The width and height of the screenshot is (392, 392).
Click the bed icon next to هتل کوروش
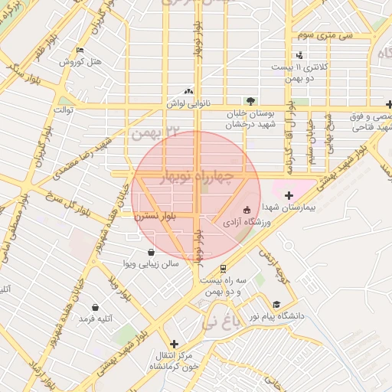(80, 51)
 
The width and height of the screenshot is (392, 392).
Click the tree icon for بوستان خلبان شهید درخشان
(250, 100)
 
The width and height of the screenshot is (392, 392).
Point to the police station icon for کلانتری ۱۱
(299, 54)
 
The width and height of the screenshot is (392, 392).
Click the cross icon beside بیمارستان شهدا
(289, 196)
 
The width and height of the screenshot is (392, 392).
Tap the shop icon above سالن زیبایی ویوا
(151, 252)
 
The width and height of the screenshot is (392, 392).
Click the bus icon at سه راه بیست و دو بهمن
(222, 269)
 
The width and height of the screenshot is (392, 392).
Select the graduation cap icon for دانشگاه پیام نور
(276, 304)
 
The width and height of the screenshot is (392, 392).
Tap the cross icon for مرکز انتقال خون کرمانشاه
(175, 344)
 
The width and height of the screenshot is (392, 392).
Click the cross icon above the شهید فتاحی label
(390, 104)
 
